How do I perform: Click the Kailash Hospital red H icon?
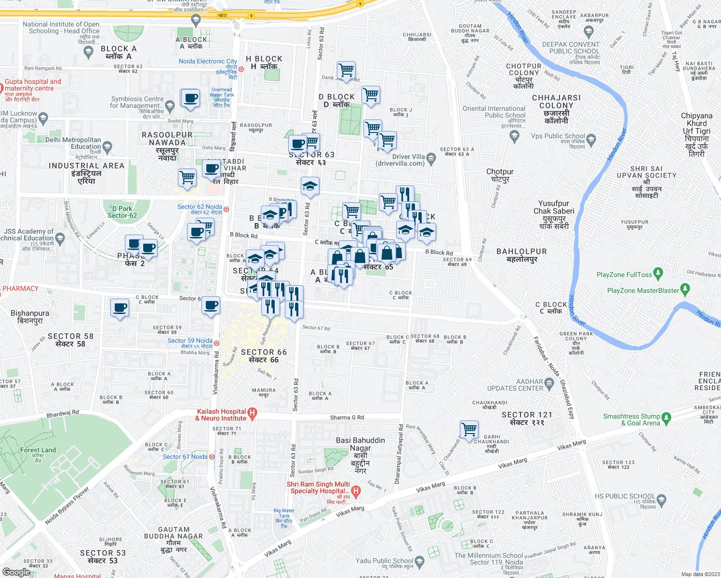[252, 413]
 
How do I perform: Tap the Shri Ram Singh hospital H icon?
[356, 491]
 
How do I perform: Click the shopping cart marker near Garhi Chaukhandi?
[469, 428]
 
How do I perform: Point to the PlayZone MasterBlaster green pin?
[685, 290]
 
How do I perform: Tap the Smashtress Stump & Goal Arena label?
[631, 420]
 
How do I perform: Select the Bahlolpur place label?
[521, 255]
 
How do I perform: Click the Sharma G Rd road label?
[347, 418]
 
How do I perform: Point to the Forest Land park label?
[38, 453]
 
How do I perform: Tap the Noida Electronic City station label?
[208, 61]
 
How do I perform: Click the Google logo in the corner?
[16, 572]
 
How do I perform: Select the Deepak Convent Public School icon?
[588, 32]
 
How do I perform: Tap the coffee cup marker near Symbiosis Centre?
[191, 98]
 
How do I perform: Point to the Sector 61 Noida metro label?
[185, 457]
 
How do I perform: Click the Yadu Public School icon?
[419, 562]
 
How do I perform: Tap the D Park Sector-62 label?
[122, 212]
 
